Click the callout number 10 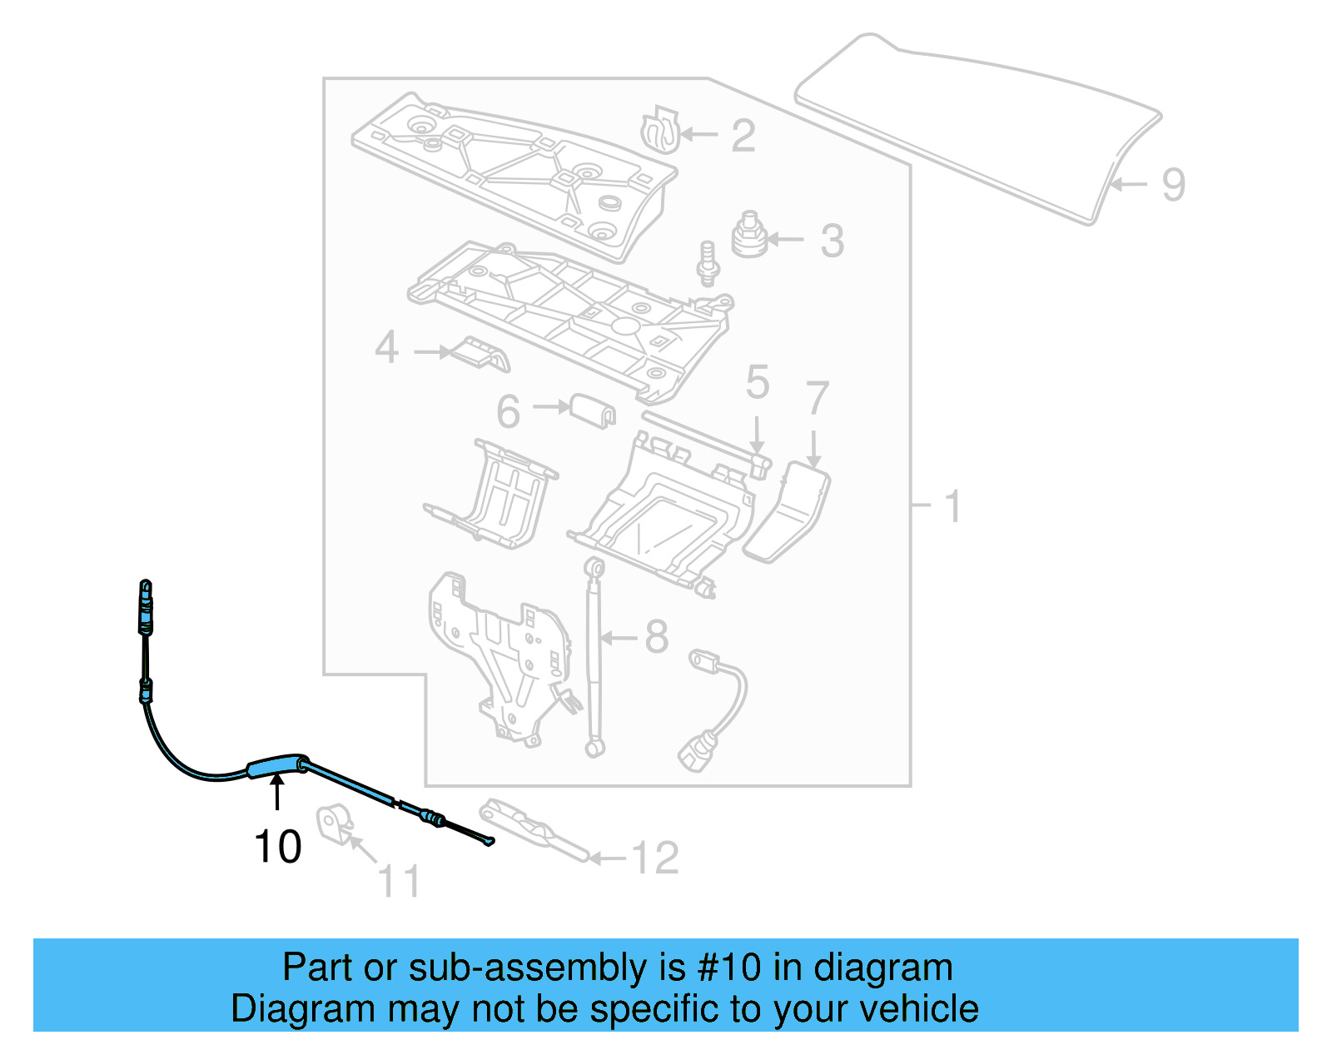(277, 847)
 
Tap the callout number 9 (1173, 185)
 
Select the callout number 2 (743, 136)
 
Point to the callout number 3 (832, 241)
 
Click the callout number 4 (386, 347)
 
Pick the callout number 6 (508, 411)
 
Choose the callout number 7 (818, 398)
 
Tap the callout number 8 (657, 637)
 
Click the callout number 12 (655, 858)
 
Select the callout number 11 (399, 881)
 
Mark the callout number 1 (953, 506)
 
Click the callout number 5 (757, 382)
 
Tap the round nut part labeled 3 (748, 235)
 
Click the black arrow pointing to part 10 (277, 792)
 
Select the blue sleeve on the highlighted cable (273, 765)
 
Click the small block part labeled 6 (593, 409)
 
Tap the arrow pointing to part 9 (1129, 184)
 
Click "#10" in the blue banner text (728, 968)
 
